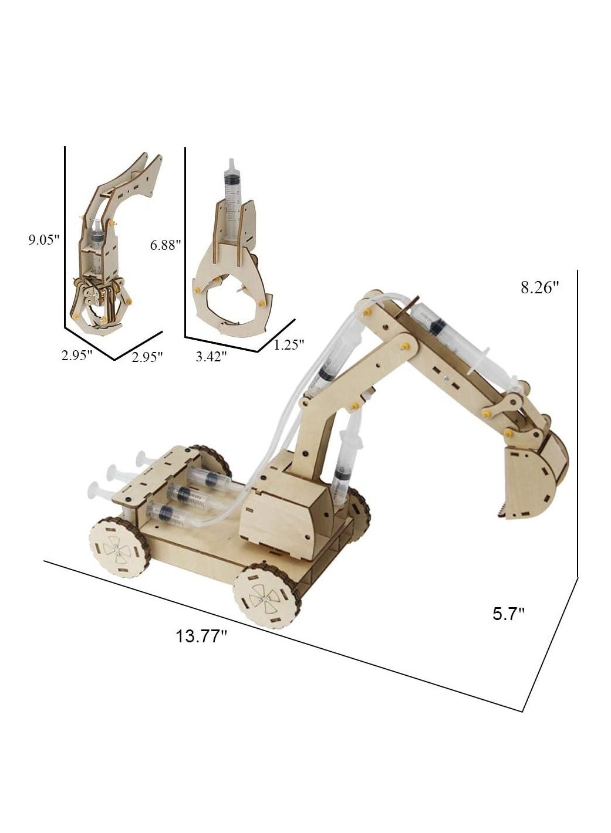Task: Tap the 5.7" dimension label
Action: coord(508,614)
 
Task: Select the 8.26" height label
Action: coord(539,287)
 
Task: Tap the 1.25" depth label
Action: coord(288,345)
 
